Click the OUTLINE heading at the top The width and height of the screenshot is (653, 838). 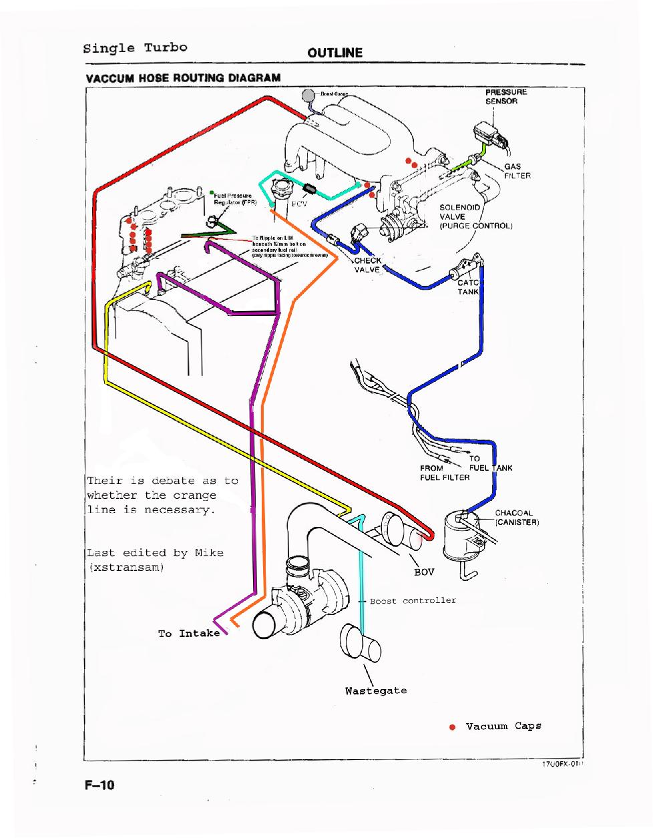(x=335, y=53)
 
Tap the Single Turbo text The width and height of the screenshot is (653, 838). (x=135, y=48)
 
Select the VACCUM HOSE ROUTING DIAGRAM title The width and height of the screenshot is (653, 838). (x=183, y=77)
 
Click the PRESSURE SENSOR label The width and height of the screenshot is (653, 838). (x=505, y=96)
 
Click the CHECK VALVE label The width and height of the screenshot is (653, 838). (x=367, y=265)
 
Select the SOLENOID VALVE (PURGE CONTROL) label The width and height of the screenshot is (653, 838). (x=475, y=217)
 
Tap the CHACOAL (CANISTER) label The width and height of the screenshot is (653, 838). (x=517, y=517)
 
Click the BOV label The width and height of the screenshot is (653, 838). (x=424, y=572)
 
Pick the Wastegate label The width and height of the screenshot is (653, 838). (x=376, y=690)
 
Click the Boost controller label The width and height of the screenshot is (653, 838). (x=413, y=600)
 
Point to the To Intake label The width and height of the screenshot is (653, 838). (x=189, y=633)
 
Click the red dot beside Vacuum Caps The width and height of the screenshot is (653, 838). (x=452, y=726)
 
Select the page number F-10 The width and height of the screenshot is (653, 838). (x=99, y=785)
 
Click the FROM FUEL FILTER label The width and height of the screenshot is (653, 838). (x=445, y=473)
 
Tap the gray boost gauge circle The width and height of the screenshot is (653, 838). (x=308, y=95)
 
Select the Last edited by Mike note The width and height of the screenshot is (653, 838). (x=155, y=560)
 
